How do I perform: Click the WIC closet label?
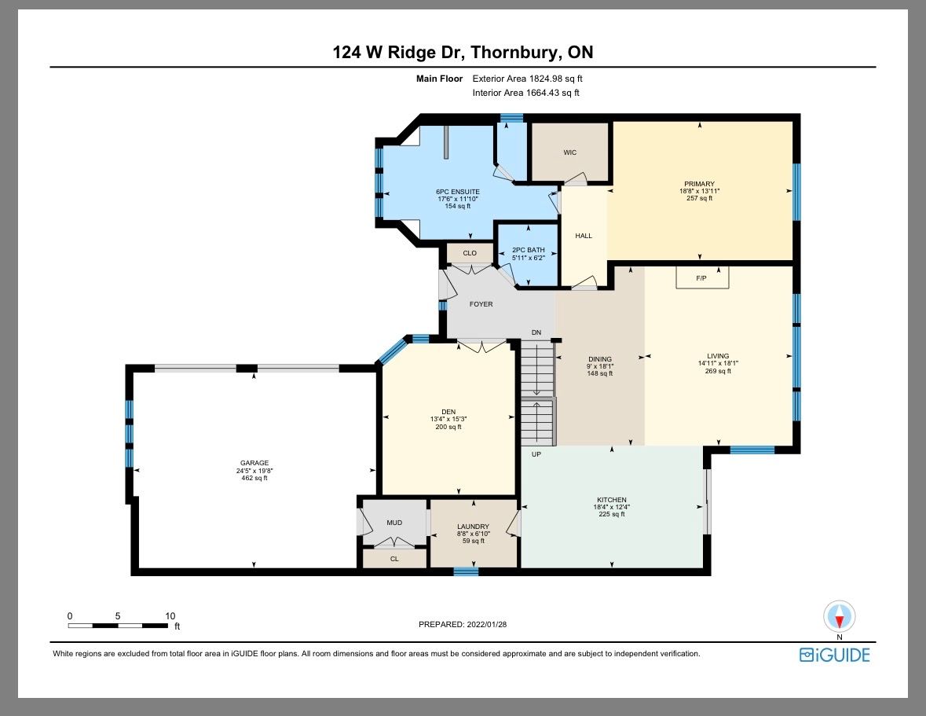[x=570, y=152]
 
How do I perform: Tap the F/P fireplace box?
[x=702, y=277]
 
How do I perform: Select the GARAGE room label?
[x=254, y=463]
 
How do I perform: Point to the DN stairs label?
[x=536, y=332]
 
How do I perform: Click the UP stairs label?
[x=536, y=454]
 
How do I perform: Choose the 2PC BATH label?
[x=529, y=250]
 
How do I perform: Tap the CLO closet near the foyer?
[x=470, y=253]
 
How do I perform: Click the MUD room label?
[x=394, y=523]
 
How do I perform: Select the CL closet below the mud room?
[x=394, y=559]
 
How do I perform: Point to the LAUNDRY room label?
[x=473, y=527]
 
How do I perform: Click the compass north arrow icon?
[x=839, y=617]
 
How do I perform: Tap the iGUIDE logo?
[x=834, y=655]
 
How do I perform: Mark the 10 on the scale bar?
[x=170, y=616]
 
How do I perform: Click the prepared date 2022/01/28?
[x=487, y=624]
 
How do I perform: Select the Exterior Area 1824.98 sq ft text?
[x=527, y=79]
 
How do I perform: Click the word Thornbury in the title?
[x=513, y=53]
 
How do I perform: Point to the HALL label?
[x=584, y=236]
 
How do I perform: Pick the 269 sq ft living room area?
[x=718, y=371]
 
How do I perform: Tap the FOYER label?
[x=481, y=304]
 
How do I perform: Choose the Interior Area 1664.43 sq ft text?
[x=525, y=93]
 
